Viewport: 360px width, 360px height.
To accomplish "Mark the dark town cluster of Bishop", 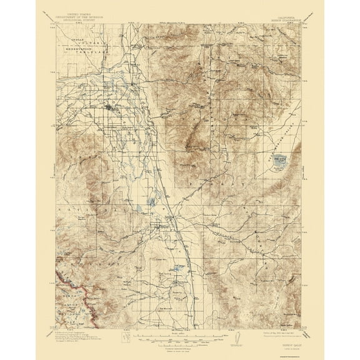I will (113, 108).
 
